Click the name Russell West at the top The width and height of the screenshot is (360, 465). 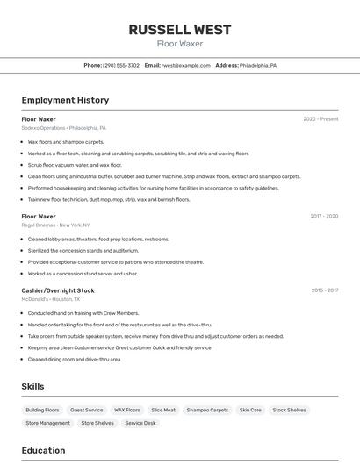[x=180, y=29]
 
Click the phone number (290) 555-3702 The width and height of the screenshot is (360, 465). [x=121, y=65]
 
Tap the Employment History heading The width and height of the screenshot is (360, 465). [x=65, y=100]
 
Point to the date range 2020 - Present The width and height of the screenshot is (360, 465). [x=320, y=118]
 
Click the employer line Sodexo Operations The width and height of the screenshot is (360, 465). [x=63, y=128]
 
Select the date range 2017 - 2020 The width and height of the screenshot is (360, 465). [x=324, y=216]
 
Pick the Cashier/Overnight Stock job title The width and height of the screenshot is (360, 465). [x=58, y=290]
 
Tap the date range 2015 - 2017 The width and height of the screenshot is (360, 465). [x=324, y=290]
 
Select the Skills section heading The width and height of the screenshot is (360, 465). [x=33, y=386]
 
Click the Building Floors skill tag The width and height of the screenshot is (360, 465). [x=42, y=410]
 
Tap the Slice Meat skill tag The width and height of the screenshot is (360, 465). [x=163, y=410]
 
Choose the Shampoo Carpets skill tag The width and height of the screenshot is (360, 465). [x=207, y=410]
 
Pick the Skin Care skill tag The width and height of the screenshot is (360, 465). [x=250, y=410]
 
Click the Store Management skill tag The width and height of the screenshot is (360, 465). [x=48, y=423]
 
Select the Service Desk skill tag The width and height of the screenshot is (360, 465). [x=140, y=423]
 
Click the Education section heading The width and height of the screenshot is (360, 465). [x=44, y=450]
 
